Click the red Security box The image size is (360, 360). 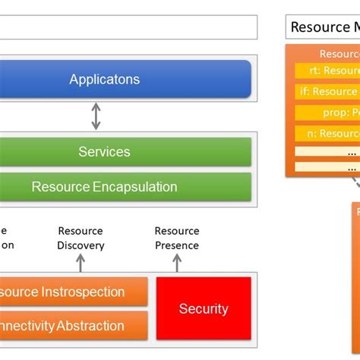coord(203,308)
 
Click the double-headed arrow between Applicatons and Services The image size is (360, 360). coord(96,115)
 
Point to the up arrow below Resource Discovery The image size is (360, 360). coord(81,263)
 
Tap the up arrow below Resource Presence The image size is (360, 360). coord(177,263)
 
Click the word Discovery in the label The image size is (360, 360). coord(81,245)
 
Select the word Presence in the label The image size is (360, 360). coord(177,245)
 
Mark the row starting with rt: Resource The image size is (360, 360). coord(327,71)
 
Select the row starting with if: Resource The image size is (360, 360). coord(327,92)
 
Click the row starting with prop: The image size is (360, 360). coord(327,112)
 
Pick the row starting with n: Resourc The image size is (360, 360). coord(327,134)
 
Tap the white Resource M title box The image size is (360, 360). coord(322,27)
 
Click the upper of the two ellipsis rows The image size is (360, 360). coord(327,152)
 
